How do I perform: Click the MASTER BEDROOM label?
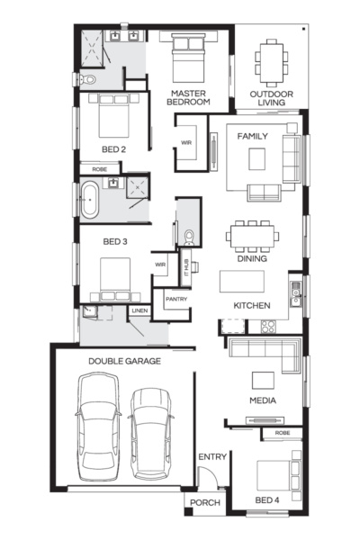pos(188,97)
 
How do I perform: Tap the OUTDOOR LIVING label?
pos(272,98)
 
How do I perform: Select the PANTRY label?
pos(176,299)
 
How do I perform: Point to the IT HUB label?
pos(186,267)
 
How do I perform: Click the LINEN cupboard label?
pos(139,310)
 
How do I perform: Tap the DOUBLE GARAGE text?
pos(125,361)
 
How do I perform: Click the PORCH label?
pos(205,502)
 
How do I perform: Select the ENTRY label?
pos(212,456)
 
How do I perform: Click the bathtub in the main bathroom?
pos(90,201)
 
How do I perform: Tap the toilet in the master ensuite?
pos(87,79)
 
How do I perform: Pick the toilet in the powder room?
pos(189,238)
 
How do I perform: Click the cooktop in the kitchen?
pos(268,327)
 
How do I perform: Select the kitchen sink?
pos(295,294)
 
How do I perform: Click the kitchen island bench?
pos(242,282)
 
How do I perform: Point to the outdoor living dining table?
pos(272,63)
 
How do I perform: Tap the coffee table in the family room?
pos(257,158)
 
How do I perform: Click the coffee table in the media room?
pos(263,380)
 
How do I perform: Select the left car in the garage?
pos(98,427)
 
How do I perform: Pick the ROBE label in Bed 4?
pos(283,433)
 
